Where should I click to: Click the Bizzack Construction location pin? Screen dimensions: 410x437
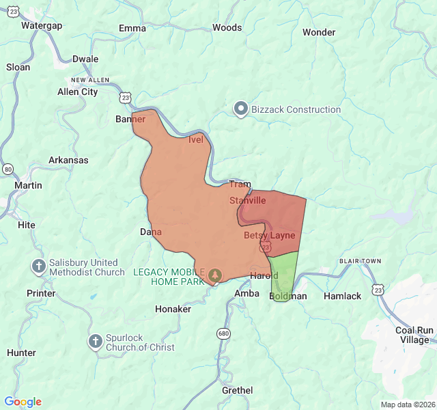[240, 109]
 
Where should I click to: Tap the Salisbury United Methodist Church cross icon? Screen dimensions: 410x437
[40, 266]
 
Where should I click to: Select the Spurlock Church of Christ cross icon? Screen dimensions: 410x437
[96, 340]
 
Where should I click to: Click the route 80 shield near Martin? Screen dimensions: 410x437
[8, 169]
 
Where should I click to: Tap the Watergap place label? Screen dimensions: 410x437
[42, 25]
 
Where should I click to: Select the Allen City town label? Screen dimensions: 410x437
[77, 92]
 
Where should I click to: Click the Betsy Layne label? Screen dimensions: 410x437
[270, 235]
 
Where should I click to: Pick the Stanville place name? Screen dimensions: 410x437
[247, 201]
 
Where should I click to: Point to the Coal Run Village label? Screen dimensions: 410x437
[414, 335]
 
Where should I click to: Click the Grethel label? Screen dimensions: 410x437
[237, 390]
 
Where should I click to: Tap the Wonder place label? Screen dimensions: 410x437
[319, 32]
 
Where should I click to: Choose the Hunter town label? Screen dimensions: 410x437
[21, 353]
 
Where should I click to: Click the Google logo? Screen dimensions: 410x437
[23, 402]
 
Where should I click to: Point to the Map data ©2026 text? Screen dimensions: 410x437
[407, 404]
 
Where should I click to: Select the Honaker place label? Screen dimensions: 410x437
[173, 309]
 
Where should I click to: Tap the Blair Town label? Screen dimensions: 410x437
[360, 261]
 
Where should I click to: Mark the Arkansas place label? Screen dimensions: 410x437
[68, 160]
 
